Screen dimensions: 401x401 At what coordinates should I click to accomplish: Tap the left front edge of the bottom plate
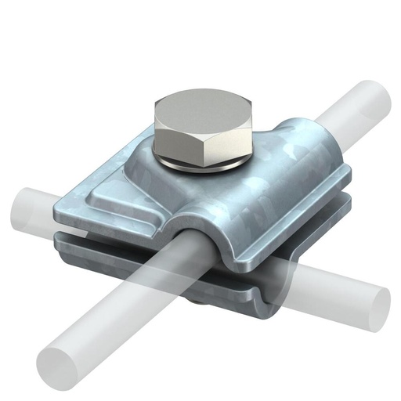[102, 251]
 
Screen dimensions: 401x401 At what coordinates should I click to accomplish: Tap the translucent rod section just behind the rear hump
[337, 117]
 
